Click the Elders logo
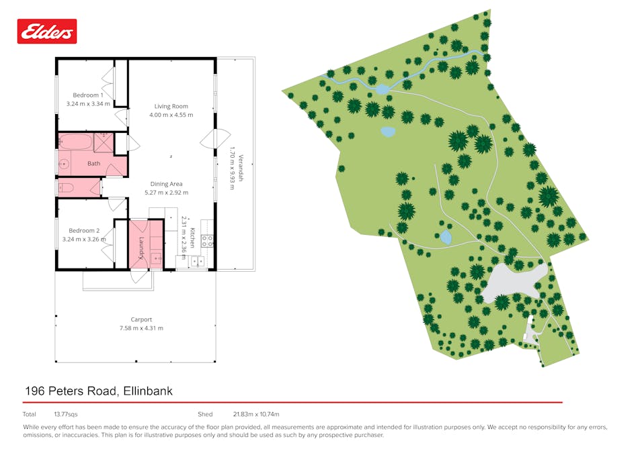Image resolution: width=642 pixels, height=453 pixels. click(x=47, y=31)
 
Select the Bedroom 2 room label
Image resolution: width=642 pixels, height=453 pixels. click(x=84, y=230)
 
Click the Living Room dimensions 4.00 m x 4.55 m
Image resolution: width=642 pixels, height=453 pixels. click(x=171, y=115)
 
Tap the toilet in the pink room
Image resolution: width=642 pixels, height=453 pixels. click(x=66, y=187)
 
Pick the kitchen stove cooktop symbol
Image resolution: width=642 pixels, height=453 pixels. click(x=207, y=240)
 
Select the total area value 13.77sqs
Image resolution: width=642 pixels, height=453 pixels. click(x=66, y=414)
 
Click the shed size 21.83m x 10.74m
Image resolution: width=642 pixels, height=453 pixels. click(x=255, y=414)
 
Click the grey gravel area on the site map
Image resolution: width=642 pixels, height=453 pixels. click(x=511, y=282)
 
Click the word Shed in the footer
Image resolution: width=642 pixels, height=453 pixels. click(x=205, y=414)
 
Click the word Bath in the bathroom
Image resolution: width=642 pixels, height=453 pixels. click(x=93, y=163)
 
